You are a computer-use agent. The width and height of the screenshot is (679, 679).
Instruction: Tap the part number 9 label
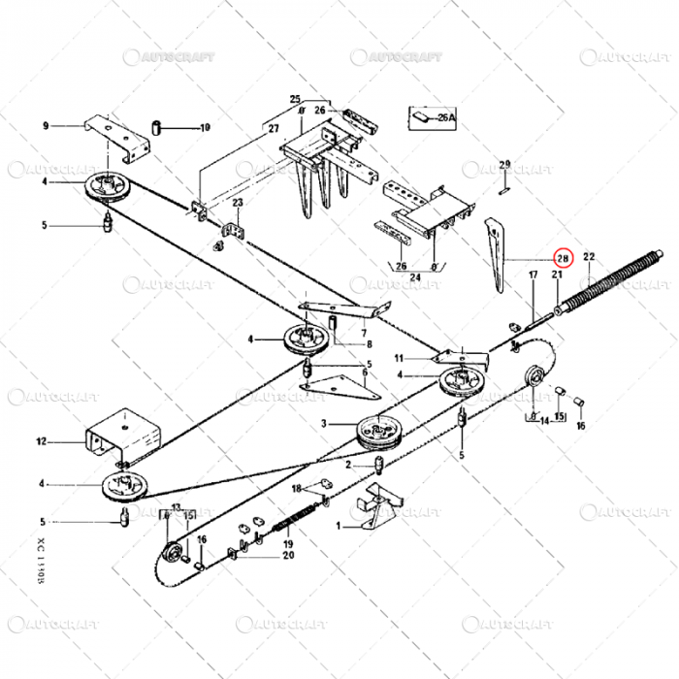[45, 126]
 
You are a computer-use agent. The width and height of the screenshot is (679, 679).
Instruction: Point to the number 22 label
[588, 255]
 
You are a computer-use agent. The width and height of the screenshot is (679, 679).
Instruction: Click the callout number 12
[42, 442]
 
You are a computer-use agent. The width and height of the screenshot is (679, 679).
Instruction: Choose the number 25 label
[296, 100]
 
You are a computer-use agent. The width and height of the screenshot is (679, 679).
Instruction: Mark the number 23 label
[238, 202]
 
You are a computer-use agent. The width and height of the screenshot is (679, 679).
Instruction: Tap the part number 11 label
[399, 358]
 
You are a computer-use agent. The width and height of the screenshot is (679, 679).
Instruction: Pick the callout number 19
[288, 545]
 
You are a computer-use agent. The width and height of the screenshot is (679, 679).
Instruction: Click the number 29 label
[504, 164]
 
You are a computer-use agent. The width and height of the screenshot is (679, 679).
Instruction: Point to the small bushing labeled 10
[155, 127]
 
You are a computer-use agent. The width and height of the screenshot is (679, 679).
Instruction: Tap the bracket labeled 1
[374, 510]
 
